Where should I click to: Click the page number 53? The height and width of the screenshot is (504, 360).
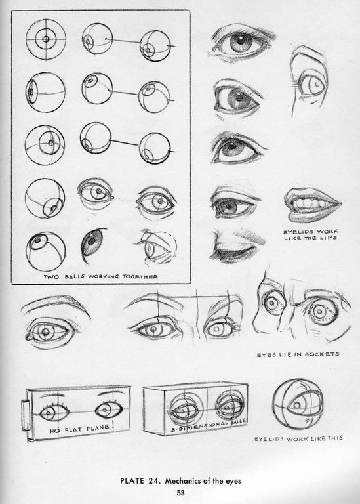click(181, 492)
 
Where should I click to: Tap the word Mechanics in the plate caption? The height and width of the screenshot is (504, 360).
click(183, 481)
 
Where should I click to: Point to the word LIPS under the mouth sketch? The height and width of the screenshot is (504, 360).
click(328, 238)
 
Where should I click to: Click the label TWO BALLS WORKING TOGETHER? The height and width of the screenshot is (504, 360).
click(101, 276)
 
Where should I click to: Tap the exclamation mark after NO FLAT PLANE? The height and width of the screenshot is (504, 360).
click(112, 426)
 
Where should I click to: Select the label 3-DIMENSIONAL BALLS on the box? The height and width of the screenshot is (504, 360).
click(208, 426)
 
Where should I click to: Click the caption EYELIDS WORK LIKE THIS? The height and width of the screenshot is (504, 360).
click(298, 438)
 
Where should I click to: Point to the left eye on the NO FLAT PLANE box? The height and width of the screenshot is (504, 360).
click(54, 412)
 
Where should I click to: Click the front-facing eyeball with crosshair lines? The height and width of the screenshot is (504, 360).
click(46, 39)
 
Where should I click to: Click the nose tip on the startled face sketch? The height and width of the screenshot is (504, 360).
click(254, 322)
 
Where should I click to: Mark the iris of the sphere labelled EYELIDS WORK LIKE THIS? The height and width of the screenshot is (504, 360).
click(298, 405)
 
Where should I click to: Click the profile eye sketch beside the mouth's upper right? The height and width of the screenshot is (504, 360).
click(310, 82)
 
